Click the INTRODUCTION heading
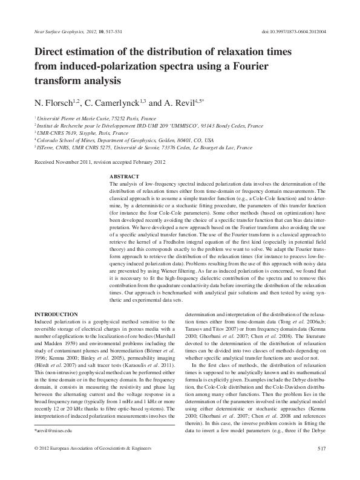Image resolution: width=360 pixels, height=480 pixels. coord(56,314)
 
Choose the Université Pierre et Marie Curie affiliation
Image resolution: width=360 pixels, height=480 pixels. coord(87,118)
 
